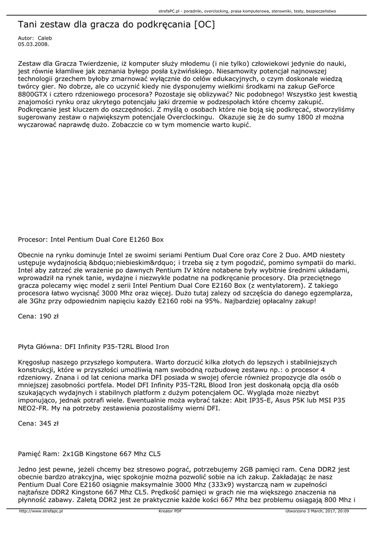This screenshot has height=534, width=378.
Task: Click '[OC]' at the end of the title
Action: pyautogui.click(x=203, y=25)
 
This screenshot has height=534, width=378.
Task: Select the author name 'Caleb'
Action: pyautogui.click(x=45, y=38)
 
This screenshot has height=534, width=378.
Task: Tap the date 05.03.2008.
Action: pyautogui.click(x=30, y=44)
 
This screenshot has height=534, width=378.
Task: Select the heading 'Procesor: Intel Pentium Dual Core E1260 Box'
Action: pyautogui.click(x=91, y=240)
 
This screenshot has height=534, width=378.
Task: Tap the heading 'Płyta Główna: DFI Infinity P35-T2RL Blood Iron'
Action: pyautogui.click(x=93, y=346)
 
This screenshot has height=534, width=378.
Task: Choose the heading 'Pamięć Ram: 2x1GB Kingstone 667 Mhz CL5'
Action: pyautogui.click(x=89, y=454)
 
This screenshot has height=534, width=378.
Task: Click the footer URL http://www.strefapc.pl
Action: pyautogui.click(x=41, y=511)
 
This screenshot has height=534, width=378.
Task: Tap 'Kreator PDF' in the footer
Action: pyautogui.click(x=170, y=511)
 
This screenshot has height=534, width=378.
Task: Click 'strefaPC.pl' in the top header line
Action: pyautogui.click(x=170, y=10)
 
